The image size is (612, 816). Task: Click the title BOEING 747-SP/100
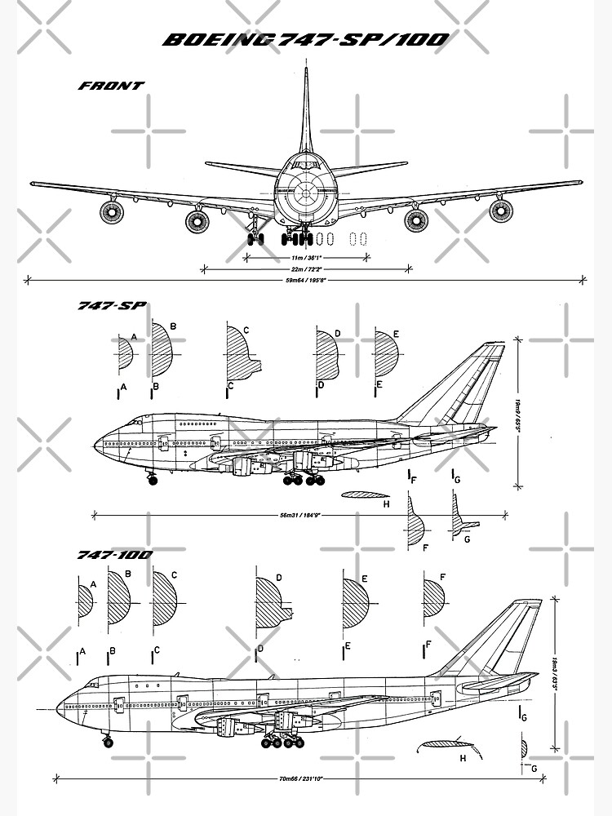305,40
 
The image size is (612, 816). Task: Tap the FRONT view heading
111,85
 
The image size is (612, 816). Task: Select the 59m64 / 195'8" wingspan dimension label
305,279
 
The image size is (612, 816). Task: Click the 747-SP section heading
112,306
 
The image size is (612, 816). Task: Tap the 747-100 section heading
114,555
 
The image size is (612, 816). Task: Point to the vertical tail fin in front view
305,114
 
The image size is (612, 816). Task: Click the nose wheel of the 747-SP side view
151,480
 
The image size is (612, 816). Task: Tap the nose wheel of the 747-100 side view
109,742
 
